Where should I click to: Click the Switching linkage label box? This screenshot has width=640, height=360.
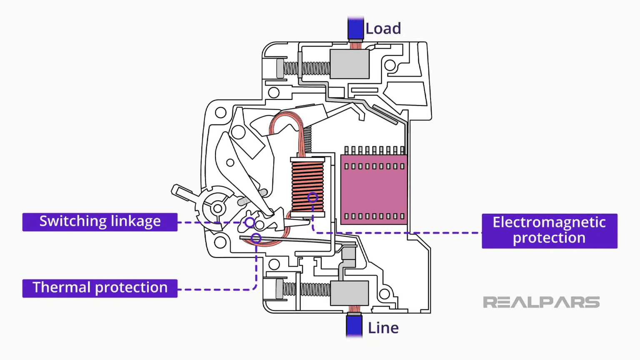point(100,222)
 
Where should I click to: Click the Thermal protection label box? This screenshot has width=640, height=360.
point(100,288)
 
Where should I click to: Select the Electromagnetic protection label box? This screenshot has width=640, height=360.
point(549,230)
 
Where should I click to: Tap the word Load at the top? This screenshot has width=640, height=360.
point(383,29)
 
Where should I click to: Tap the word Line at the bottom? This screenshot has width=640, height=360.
point(383,328)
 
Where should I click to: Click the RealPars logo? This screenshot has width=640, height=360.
point(541,302)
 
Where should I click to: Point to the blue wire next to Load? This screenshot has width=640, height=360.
point(355,28)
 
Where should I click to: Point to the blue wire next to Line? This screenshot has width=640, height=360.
point(354,326)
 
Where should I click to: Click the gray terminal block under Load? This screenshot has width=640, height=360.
point(349,64)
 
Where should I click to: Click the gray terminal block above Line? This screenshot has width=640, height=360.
point(349,293)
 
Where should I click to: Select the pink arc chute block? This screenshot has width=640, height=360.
point(374,190)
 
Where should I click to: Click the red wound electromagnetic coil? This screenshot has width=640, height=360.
point(307,185)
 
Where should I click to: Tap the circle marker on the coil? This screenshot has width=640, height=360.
point(312,197)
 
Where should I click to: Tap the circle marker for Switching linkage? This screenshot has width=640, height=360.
point(250,222)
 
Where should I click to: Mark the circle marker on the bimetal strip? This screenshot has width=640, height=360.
point(256,238)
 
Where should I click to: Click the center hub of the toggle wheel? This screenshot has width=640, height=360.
point(217,208)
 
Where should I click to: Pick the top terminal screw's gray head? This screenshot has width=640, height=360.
point(280,68)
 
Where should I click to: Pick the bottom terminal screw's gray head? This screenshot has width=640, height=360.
point(279,289)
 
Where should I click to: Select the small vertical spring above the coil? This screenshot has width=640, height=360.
point(307,139)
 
